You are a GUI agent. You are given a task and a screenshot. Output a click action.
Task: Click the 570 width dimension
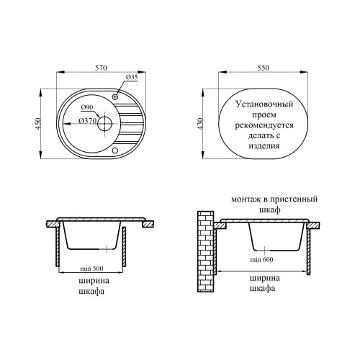(x=101, y=68)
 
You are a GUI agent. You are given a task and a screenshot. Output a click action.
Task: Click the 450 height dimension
(x=38, y=123)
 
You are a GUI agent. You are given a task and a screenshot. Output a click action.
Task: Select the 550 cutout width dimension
(x=264, y=68)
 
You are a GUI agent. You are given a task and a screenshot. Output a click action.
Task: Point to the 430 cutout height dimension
(x=199, y=124)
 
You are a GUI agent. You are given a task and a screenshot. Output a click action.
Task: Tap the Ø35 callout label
(x=132, y=77)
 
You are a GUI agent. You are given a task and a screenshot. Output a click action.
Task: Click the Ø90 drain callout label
(x=87, y=107)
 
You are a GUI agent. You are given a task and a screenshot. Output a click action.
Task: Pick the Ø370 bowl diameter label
(x=87, y=121)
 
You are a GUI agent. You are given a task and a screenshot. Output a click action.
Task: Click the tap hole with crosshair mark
(x=115, y=97)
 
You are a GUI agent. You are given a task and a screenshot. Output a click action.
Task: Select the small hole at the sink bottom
(x=115, y=150)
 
